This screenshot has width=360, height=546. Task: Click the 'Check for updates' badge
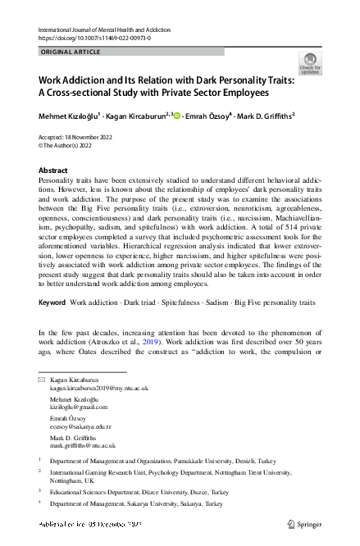point(311,63)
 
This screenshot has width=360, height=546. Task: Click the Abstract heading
point(54,171)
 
